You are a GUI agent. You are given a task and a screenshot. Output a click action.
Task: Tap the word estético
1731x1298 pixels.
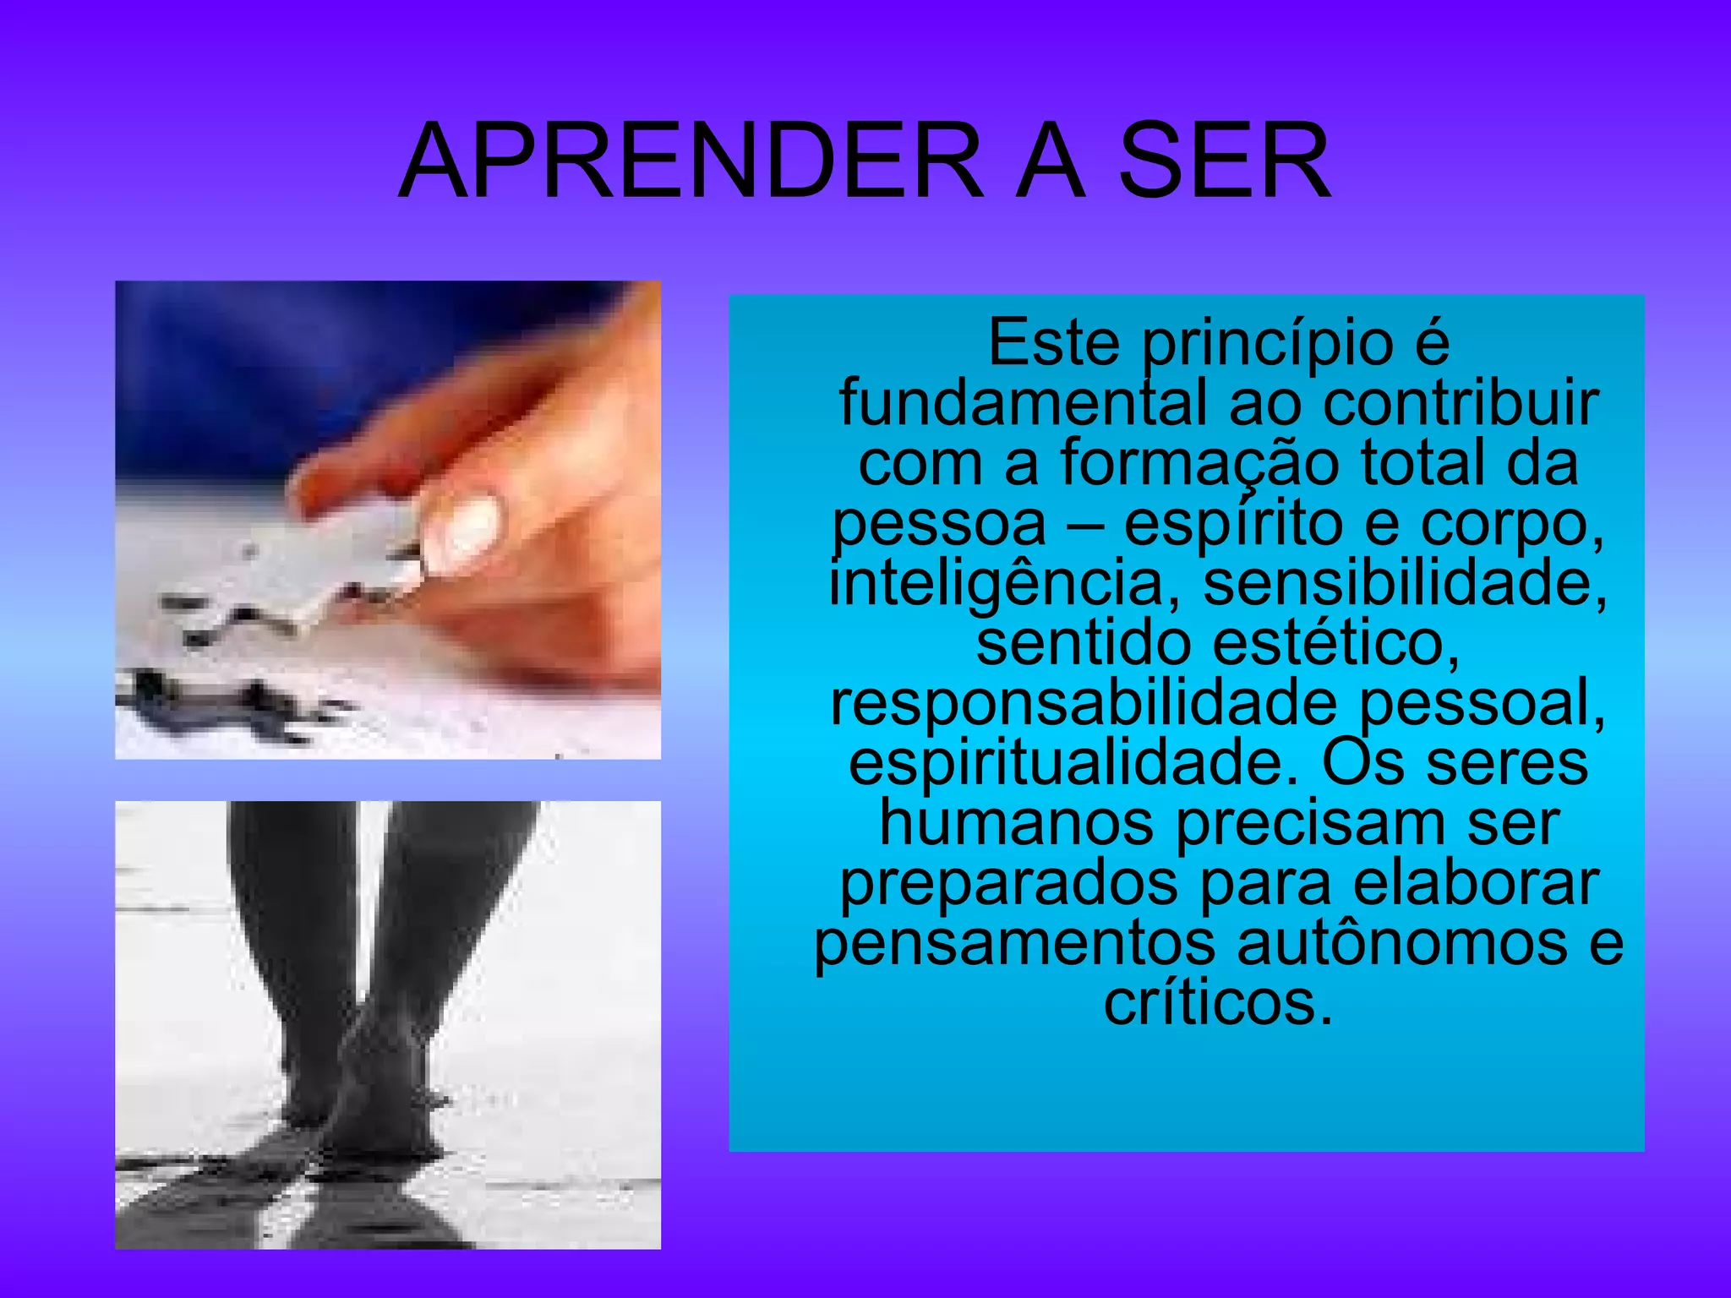click(x=1336, y=643)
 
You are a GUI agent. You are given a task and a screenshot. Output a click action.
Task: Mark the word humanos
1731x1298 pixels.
click(x=1017, y=823)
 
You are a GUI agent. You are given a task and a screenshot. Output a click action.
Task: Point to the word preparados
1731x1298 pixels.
click(x=1008, y=884)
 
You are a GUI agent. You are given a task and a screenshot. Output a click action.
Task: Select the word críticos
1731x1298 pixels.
click(x=1218, y=1004)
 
